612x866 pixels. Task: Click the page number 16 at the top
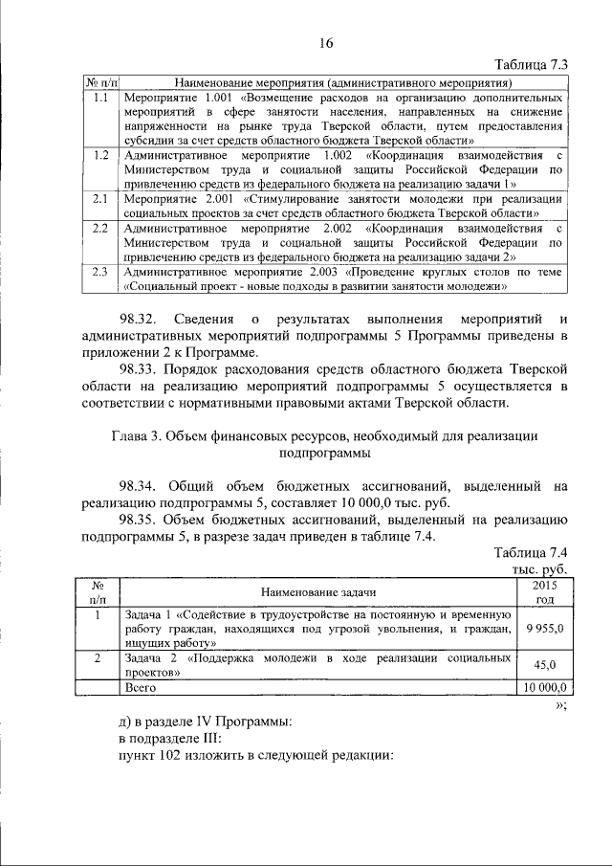click(326, 43)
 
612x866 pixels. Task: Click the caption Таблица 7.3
click(531, 65)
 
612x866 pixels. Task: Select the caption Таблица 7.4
click(531, 553)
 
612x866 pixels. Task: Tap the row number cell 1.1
click(98, 98)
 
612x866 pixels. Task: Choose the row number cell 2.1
click(98, 198)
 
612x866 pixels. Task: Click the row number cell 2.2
click(98, 229)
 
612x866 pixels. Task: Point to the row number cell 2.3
click(98, 272)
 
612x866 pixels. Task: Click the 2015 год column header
click(544, 591)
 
